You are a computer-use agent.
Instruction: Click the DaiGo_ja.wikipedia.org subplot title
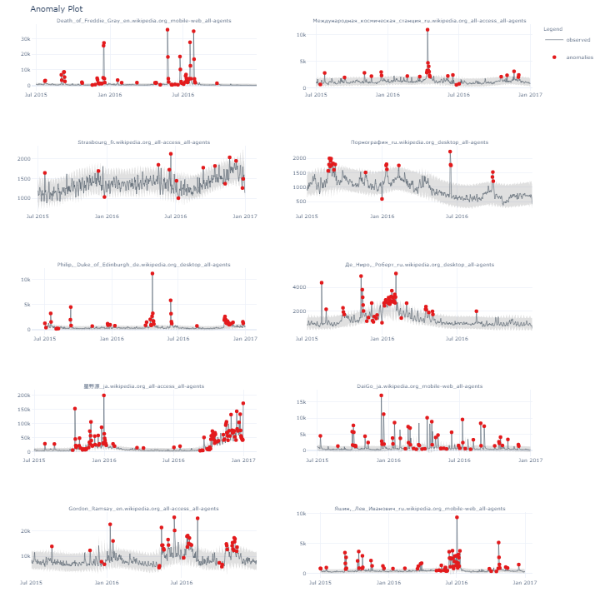tap(419, 386)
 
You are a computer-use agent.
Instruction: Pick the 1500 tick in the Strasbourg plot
tap(23, 178)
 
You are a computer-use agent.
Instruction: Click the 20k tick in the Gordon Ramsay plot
tap(25, 531)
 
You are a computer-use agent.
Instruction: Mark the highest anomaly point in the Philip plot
tap(152, 273)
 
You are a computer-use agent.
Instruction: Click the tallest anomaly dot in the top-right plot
tap(427, 30)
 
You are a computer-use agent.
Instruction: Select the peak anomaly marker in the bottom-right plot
tap(457, 517)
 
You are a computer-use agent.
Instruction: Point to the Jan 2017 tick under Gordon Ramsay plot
tap(246, 583)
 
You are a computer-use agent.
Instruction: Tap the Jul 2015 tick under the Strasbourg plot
tap(37, 216)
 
